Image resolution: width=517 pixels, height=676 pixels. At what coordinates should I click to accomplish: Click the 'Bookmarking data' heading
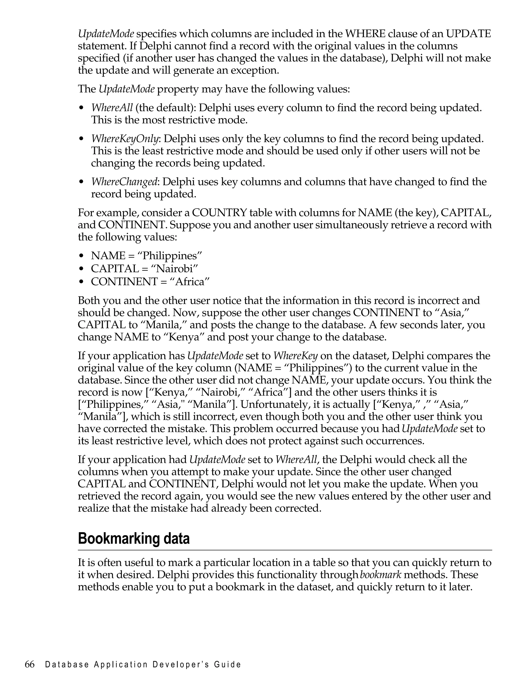[x=134, y=539]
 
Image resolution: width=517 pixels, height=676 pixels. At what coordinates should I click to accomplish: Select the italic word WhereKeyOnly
[x=124, y=139]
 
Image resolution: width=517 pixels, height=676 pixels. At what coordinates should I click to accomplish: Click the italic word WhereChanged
[x=124, y=182]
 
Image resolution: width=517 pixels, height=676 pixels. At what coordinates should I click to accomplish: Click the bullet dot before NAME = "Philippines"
[x=81, y=256]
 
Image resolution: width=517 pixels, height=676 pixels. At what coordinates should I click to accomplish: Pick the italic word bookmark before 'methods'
[x=380, y=575]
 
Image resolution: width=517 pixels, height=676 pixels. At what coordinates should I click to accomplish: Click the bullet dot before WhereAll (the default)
[x=81, y=108]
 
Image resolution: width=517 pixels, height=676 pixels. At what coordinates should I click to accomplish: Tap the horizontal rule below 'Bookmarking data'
[x=285, y=550]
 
